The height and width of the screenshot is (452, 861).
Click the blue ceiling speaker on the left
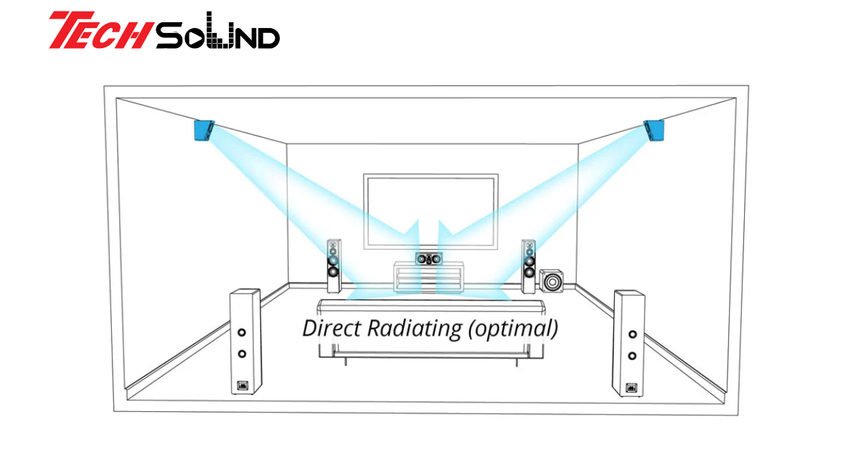click(204, 131)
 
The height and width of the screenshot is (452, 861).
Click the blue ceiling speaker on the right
click(654, 130)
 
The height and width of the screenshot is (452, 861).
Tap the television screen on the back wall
click(430, 209)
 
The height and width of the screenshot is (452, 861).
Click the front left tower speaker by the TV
click(334, 265)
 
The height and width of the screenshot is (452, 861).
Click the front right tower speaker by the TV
click(528, 265)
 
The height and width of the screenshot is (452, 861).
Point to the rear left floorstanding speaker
click(245, 341)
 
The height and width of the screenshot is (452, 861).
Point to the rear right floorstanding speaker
click(629, 343)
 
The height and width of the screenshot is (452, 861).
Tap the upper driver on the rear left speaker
click(242, 333)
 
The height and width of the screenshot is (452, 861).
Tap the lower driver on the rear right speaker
click(631, 356)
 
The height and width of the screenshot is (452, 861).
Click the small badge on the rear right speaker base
click(631, 389)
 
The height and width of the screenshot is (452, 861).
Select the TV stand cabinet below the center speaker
click(429, 277)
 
